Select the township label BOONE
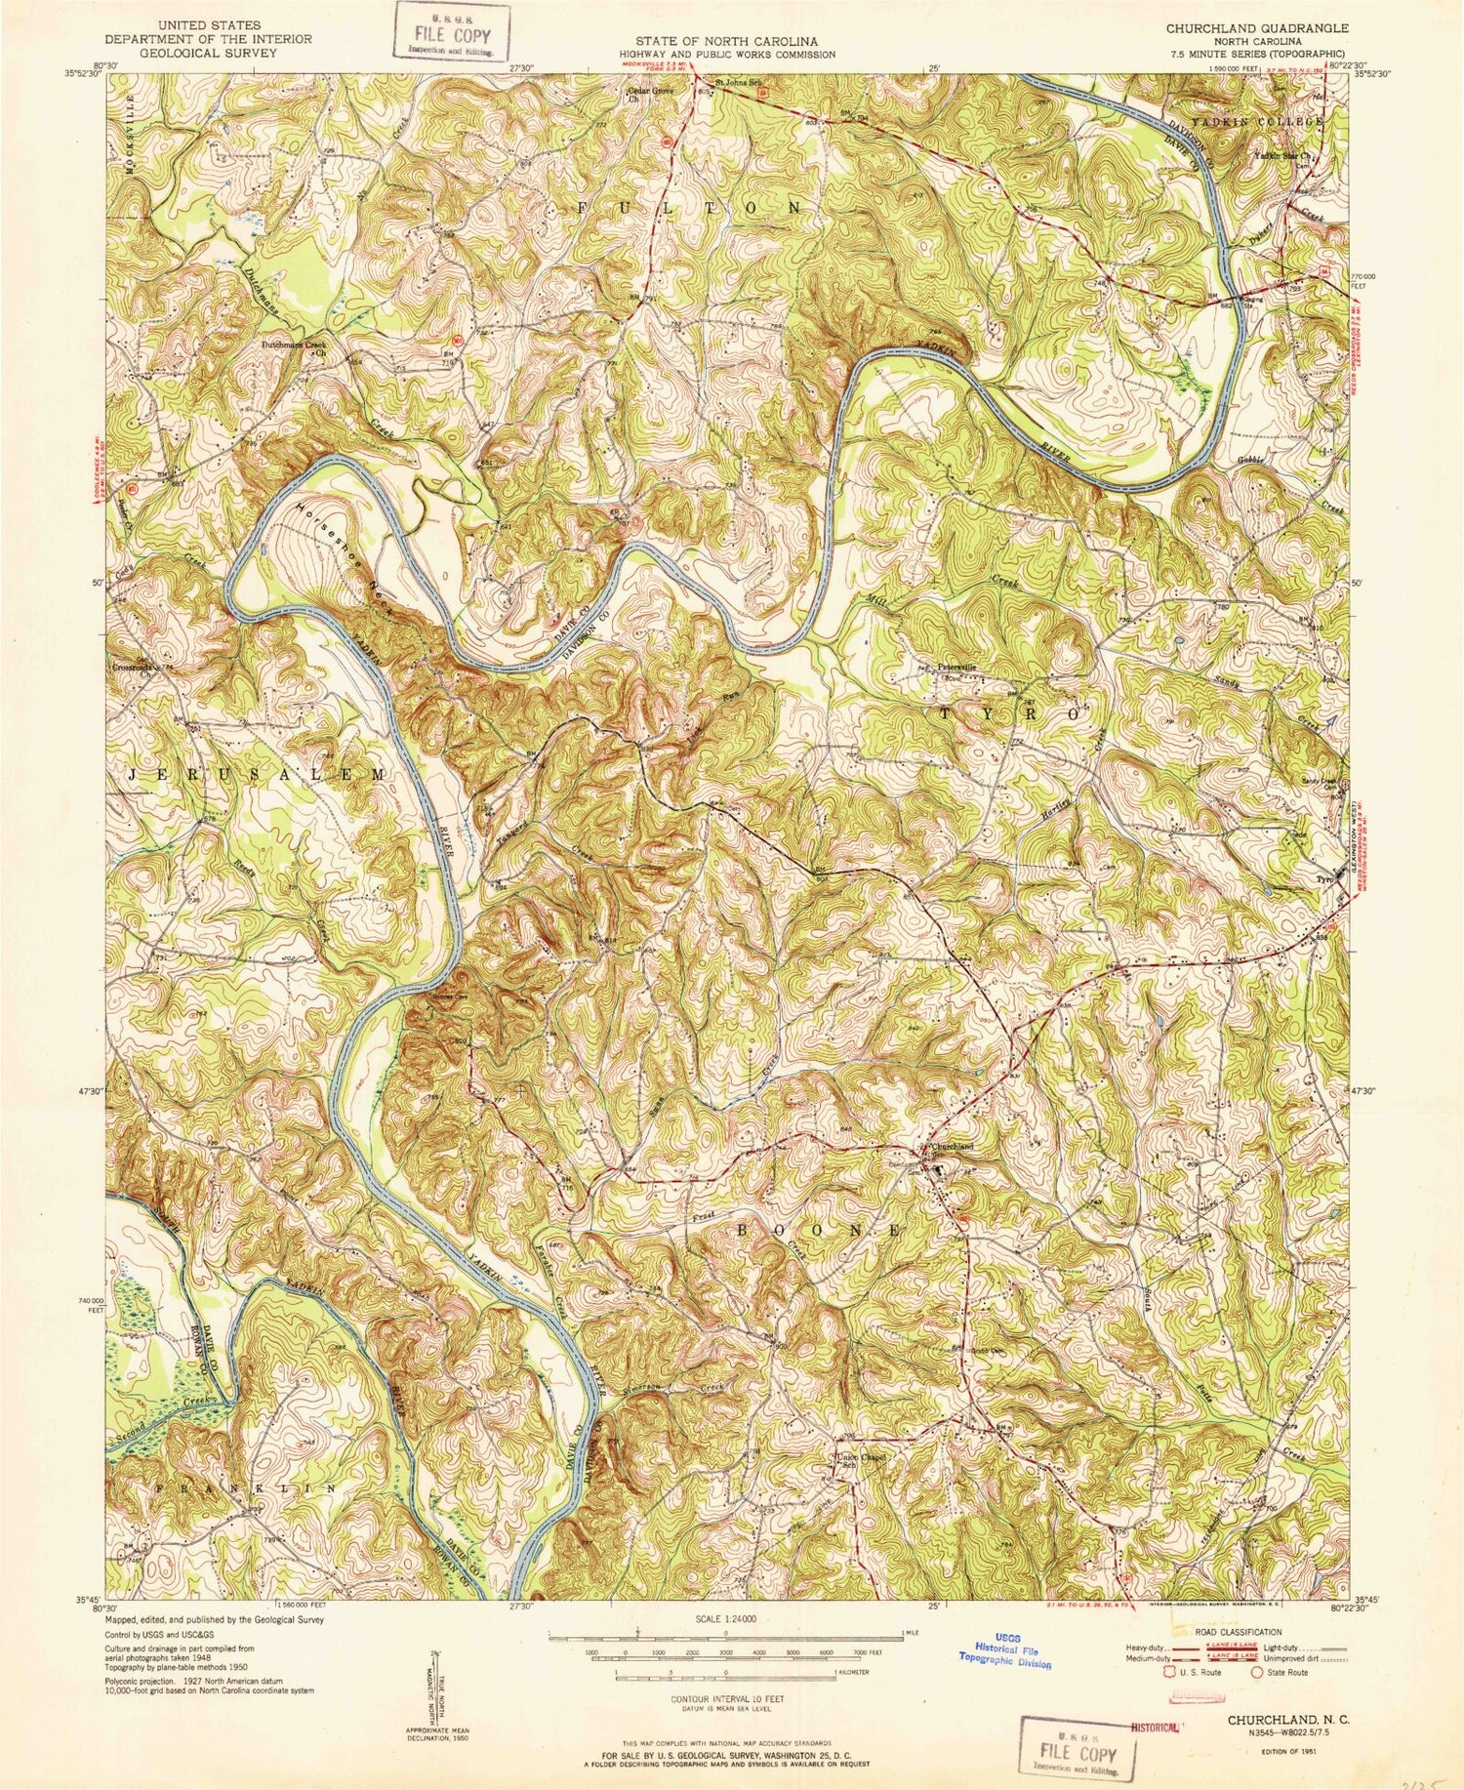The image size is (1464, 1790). pos(819,1231)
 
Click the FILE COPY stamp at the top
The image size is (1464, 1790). pos(452,32)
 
